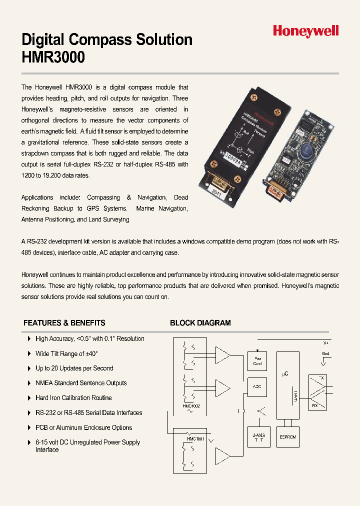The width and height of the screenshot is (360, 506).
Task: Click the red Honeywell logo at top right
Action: (x=305, y=31)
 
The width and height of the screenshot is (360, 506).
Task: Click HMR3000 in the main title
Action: (x=53, y=57)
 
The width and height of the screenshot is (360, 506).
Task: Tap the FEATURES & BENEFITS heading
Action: (x=64, y=323)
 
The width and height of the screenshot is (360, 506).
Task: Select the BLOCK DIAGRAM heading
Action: (x=200, y=323)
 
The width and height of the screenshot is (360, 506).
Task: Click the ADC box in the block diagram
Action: (x=257, y=386)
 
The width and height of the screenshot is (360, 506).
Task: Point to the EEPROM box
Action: (x=287, y=437)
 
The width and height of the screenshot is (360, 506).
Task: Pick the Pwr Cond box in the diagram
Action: (x=257, y=361)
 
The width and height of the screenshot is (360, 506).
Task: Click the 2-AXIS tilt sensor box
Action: (x=258, y=437)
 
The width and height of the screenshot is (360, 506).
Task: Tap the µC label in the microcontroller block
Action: (x=286, y=373)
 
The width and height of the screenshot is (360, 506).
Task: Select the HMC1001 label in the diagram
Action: (x=195, y=439)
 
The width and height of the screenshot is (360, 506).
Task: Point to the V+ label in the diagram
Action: (x=325, y=343)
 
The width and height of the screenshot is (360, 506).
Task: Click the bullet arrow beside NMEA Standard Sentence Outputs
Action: (x=29, y=383)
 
